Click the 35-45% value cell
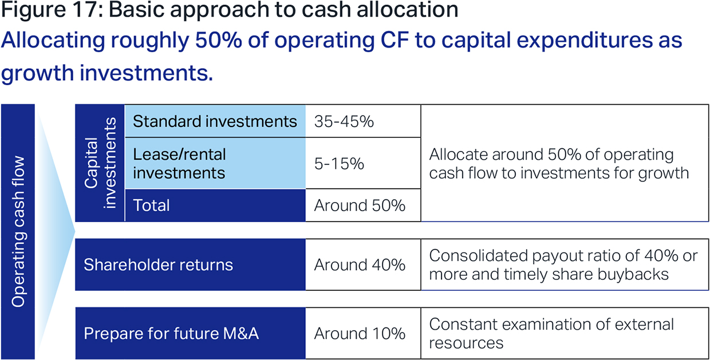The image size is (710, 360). coord(363,121)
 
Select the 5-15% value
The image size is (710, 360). coord(339,164)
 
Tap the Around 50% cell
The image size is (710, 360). coord(363,205)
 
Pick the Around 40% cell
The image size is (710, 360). coord(363,264)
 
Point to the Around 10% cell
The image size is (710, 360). coord(363,333)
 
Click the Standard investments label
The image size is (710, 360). coord(215,121)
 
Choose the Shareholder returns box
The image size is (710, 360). coord(190,264)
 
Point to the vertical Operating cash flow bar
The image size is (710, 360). coord(18,232)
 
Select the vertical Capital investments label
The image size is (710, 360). coord(100,163)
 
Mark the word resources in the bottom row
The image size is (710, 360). coord(466,343)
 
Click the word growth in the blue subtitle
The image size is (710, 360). coord(38,73)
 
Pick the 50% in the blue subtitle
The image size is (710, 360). coord(218,40)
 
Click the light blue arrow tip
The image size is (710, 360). coord(75,231)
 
